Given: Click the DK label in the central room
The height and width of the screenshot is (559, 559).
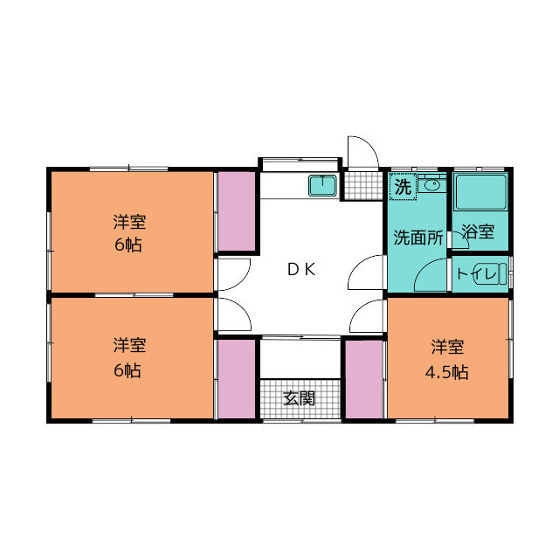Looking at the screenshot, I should pos(301,270).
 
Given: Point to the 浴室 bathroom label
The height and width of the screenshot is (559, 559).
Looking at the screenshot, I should pos(478,232).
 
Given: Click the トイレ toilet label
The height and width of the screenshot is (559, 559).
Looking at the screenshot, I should pos(479,274).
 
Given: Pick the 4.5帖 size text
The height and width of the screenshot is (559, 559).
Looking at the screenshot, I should pos(446,372).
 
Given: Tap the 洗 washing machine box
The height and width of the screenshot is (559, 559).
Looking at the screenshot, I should pos(402,186).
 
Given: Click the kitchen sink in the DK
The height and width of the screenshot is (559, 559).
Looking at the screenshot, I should pos(323,185).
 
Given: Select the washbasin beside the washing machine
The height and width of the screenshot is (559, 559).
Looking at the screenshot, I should pos(431,184).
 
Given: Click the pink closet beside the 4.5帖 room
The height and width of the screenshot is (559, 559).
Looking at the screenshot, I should pos(364,379).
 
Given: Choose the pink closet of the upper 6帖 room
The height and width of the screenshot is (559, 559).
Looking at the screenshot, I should pos(236,211).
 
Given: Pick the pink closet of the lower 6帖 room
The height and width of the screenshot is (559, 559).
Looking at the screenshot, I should pos(236,379).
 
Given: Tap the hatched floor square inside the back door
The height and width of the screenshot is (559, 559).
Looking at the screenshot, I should pos(355,185).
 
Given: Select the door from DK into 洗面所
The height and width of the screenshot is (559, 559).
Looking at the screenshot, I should pos(367,275).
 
